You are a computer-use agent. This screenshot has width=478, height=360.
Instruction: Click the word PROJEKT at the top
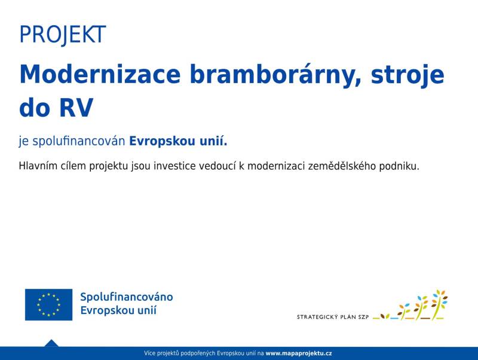point(63,35)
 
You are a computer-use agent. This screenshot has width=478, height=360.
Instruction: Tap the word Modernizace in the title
point(100,74)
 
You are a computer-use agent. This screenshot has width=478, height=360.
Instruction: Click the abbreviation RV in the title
point(76,108)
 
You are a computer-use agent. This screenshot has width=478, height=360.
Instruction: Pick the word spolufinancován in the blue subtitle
point(79,141)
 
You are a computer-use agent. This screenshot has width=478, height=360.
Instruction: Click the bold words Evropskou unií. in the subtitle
point(178,141)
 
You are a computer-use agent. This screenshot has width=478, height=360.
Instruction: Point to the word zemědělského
point(342,166)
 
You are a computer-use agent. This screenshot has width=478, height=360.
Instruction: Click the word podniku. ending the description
point(399,166)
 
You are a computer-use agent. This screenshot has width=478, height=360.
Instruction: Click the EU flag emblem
point(49,304)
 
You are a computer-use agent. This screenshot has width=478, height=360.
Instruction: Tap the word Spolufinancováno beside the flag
point(127,297)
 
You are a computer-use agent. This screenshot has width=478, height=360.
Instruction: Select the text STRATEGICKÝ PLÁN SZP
point(333,317)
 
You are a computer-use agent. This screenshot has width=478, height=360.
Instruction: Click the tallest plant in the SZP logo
point(440,304)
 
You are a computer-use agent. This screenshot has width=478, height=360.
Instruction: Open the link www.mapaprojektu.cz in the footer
point(299,353)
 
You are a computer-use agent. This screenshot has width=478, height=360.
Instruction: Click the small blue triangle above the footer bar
point(51,343)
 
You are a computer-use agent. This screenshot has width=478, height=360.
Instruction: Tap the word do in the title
point(35,108)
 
